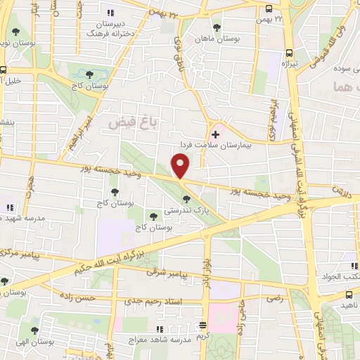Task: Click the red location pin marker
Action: click(x=181, y=166)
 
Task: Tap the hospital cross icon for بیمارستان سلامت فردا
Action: click(x=215, y=132)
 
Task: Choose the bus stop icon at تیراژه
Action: click(x=288, y=53)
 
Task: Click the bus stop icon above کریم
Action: click(x=202, y=325)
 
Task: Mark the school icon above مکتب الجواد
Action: click(x=354, y=266)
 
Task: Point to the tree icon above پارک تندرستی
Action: click(x=186, y=200)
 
